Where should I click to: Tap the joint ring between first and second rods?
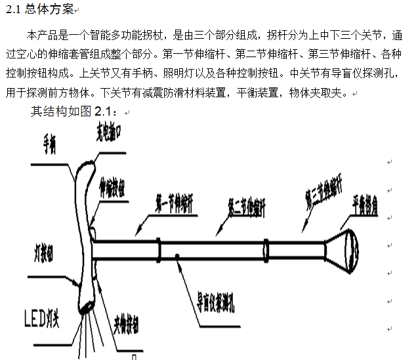click(x=158, y=249)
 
